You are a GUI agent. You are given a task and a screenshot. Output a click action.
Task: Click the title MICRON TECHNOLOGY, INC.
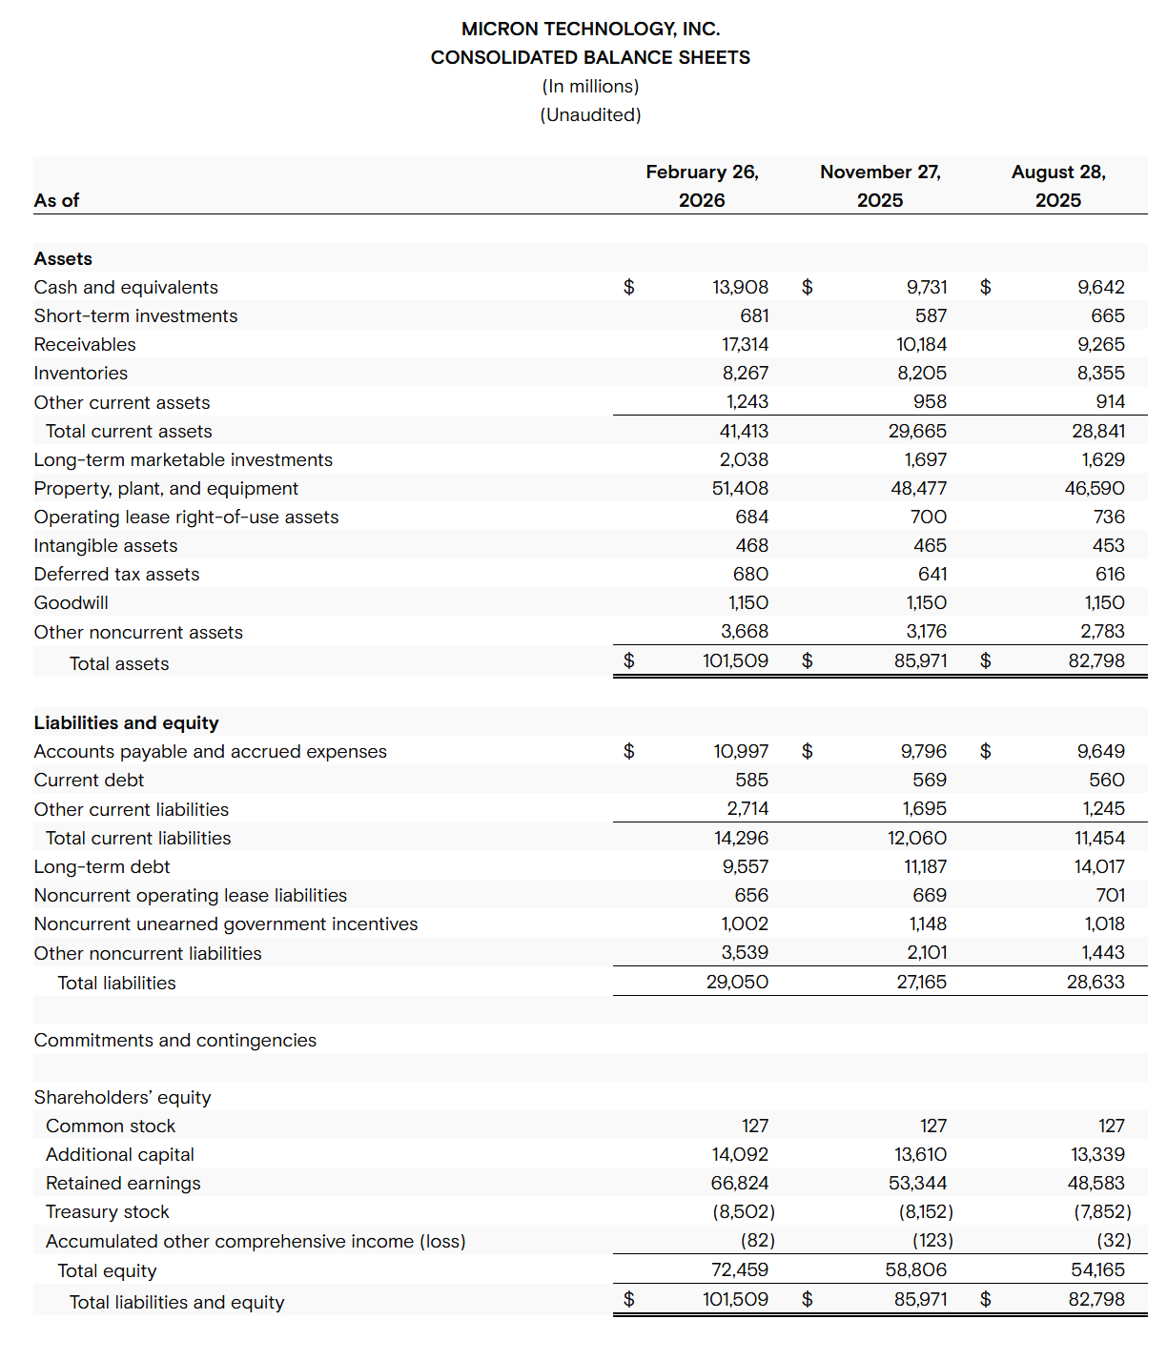pos(590,29)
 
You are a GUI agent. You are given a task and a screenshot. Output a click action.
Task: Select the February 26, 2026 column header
pos(702,186)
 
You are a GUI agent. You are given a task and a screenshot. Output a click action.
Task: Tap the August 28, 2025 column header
pos(1058,186)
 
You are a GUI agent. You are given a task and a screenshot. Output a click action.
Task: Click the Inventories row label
pos(81,373)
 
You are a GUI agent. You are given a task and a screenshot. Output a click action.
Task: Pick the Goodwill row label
pos(72,602)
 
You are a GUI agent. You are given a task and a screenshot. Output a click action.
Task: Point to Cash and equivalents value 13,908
pos(740,287)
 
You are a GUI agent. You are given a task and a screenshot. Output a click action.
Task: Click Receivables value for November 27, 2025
pos(921,344)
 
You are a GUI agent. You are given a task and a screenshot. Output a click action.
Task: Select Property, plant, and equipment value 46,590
pos(1095,488)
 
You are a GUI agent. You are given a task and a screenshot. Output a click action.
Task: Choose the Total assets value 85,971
pos(920,660)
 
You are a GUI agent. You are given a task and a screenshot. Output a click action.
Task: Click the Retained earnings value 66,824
pos(740,1183)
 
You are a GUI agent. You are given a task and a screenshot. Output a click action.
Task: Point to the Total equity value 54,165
pos(1097,1269)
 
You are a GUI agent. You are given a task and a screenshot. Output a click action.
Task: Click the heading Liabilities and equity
pos(127,722)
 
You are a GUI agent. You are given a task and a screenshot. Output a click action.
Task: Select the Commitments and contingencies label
pos(175,1040)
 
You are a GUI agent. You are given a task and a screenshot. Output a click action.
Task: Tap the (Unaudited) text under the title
pos(590,114)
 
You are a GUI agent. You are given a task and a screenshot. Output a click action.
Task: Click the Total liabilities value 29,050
pos(737,982)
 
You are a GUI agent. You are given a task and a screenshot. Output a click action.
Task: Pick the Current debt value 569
pos(930,780)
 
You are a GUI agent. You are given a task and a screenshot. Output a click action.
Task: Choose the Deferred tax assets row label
pos(117,574)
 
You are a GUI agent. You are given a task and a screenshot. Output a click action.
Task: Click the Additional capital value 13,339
pos(1097,1154)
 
